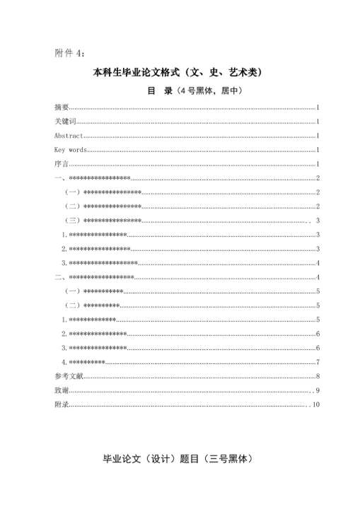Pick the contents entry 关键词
(65, 122)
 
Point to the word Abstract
(69, 136)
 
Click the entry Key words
(71, 150)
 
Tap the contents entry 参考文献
(69, 376)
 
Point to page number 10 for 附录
(316, 404)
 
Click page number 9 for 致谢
(318, 390)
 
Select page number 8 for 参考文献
(318, 376)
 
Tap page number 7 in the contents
(318, 362)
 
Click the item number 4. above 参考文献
(64, 362)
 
